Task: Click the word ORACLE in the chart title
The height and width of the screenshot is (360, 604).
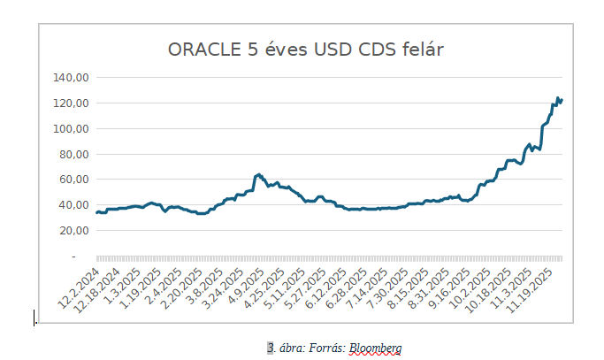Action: click(x=203, y=50)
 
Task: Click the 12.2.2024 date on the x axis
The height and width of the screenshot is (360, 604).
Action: click(x=80, y=285)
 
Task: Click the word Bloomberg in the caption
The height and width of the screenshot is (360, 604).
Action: click(x=375, y=348)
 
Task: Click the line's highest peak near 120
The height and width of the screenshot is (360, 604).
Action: click(x=558, y=98)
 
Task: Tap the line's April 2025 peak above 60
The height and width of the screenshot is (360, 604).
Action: click(x=258, y=174)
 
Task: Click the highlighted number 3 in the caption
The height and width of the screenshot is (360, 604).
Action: click(x=271, y=348)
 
